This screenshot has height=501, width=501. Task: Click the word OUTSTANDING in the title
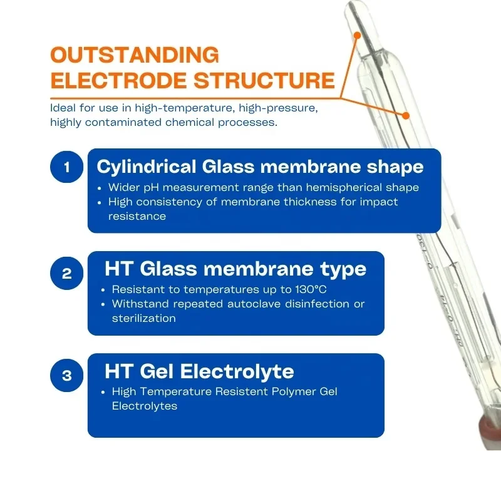(x=135, y=55)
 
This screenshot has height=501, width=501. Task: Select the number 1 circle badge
(x=66, y=167)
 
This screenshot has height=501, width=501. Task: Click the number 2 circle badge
(x=66, y=274)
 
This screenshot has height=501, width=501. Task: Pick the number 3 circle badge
(x=66, y=376)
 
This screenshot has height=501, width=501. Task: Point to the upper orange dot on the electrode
(x=356, y=35)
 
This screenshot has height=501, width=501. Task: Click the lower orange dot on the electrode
(x=406, y=115)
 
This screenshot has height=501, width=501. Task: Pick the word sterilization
(x=144, y=318)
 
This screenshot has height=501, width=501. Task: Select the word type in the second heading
(x=343, y=269)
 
